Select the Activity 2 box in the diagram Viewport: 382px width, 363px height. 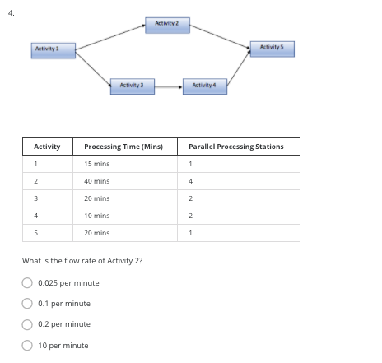(x=167, y=21)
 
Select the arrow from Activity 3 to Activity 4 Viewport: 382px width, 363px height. (x=167, y=86)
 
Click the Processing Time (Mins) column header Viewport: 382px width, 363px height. (x=123, y=147)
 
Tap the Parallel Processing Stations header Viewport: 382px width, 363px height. (x=235, y=147)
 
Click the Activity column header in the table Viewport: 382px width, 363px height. (x=47, y=147)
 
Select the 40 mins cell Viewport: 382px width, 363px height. (x=97, y=181)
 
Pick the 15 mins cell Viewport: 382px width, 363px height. (x=97, y=164)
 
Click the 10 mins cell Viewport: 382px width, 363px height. (x=97, y=216)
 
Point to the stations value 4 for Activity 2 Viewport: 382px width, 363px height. (x=190, y=181)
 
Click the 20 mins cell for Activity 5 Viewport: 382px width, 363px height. (x=97, y=233)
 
